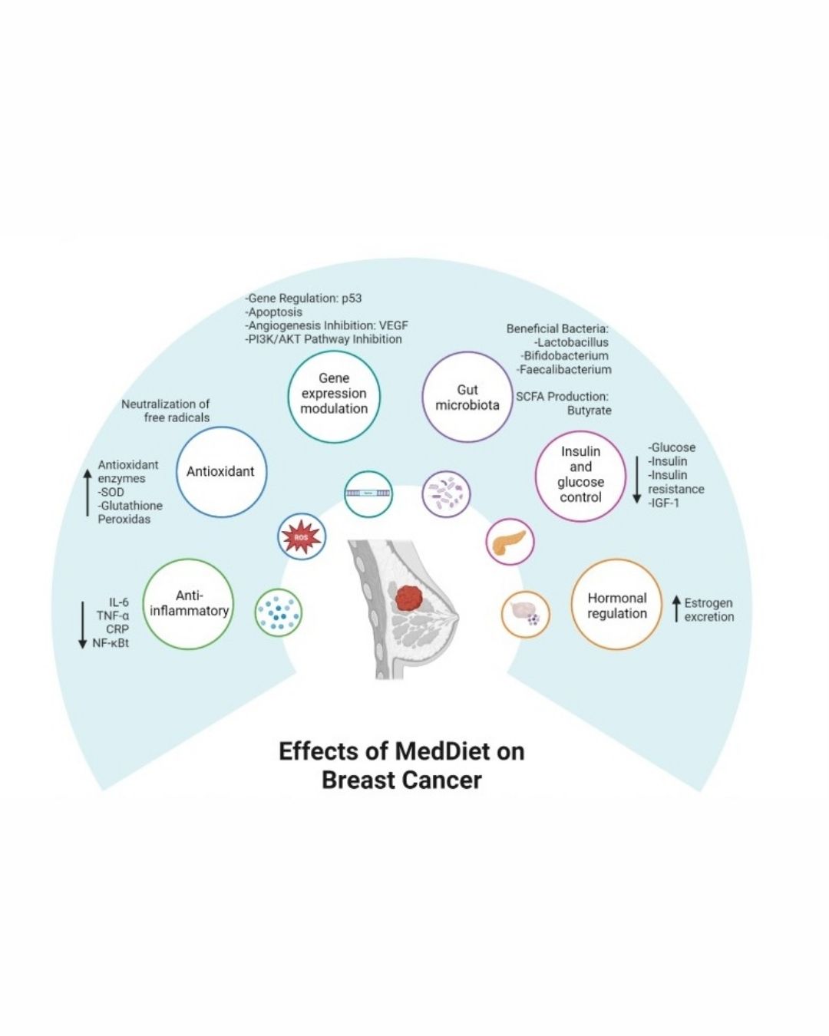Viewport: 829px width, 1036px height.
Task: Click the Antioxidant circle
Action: [221, 471]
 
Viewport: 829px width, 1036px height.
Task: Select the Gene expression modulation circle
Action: [334, 394]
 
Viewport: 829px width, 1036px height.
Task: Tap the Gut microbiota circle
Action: [467, 398]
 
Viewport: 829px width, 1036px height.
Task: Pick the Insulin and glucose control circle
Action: [581, 475]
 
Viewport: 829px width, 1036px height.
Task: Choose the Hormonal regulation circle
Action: [617, 605]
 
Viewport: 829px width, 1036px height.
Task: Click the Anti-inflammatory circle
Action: [189, 604]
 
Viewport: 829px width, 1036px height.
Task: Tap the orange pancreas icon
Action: [510, 543]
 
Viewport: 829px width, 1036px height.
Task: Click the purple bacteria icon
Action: [447, 493]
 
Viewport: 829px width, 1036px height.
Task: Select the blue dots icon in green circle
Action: [278, 612]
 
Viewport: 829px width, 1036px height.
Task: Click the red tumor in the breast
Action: [415, 596]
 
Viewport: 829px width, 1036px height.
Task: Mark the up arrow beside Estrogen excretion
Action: [676, 609]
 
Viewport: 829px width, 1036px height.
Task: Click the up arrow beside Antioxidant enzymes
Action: [88, 491]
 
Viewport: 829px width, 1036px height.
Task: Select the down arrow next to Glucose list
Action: [636, 476]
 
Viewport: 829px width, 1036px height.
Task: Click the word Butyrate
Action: [590, 411]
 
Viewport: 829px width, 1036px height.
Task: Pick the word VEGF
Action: [394, 325]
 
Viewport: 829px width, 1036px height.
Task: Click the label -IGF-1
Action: [664, 503]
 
